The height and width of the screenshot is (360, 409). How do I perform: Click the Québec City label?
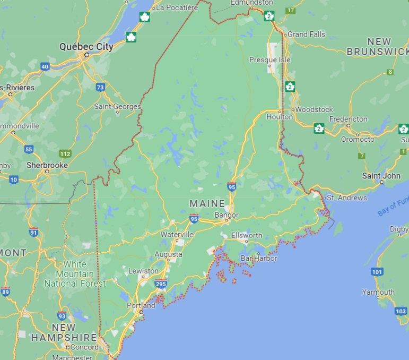(x=86, y=47)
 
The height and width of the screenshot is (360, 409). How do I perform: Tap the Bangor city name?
(x=227, y=215)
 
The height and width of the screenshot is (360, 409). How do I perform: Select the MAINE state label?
(x=207, y=204)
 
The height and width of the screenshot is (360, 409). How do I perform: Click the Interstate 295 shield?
(x=161, y=284)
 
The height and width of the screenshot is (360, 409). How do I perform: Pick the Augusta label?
(x=168, y=254)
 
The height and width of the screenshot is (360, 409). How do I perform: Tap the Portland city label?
(x=141, y=305)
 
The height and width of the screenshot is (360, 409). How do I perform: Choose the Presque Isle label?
(x=270, y=60)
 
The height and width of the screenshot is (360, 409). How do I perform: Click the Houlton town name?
(x=280, y=117)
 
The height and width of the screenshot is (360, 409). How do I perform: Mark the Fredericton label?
(x=348, y=119)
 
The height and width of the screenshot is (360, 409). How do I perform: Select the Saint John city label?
(x=381, y=175)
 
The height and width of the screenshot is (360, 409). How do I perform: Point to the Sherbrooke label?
(x=47, y=165)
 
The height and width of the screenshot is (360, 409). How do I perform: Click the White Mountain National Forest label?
(x=75, y=274)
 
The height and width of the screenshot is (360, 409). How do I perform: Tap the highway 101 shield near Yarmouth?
(x=377, y=272)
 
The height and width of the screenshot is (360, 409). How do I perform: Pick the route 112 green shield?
(x=65, y=154)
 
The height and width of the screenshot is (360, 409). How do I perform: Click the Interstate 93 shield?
(x=62, y=316)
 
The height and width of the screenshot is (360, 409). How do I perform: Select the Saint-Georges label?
(x=117, y=107)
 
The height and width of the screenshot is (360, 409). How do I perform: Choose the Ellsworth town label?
(x=247, y=235)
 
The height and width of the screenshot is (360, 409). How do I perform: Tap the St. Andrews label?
(x=346, y=198)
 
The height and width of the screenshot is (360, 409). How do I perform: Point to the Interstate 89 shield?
(x=5, y=291)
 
